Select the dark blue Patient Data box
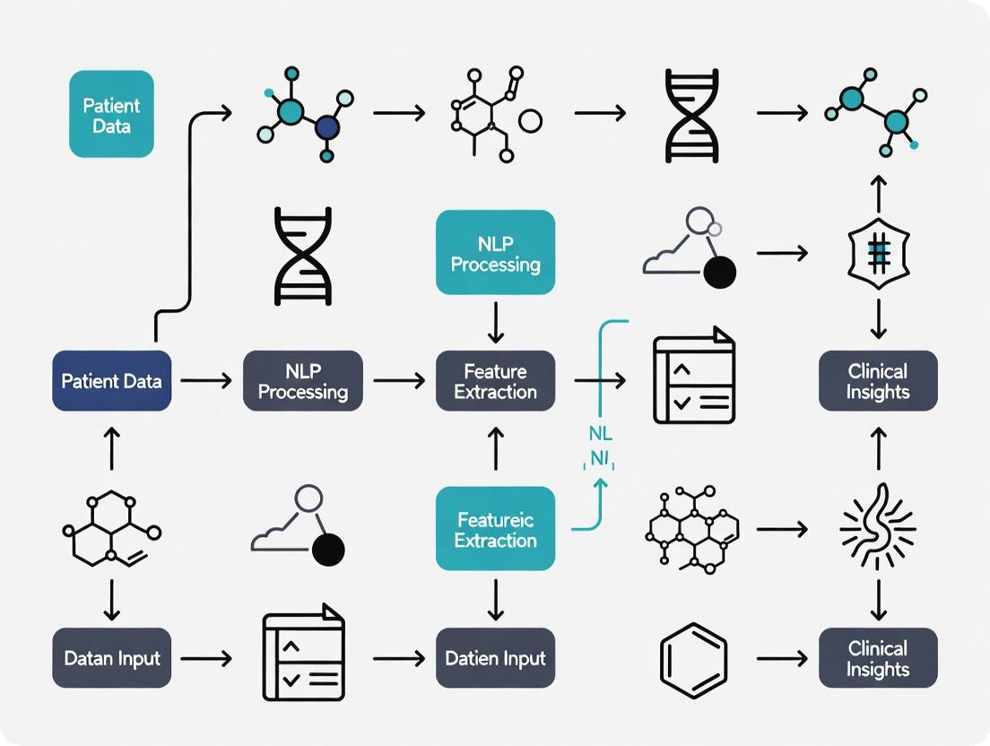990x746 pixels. click(x=111, y=381)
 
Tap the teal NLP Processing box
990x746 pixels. click(x=495, y=252)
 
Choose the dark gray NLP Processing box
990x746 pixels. click(x=303, y=381)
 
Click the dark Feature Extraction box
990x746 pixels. click(x=495, y=381)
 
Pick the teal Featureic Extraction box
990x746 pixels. click(x=495, y=529)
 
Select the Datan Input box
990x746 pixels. click(x=111, y=658)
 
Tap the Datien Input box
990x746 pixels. click(x=495, y=658)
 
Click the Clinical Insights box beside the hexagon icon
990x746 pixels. click(x=878, y=658)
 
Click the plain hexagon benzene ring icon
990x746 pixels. click(x=693, y=660)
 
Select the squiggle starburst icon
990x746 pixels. click(x=878, y=529)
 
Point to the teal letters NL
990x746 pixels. click(x=601, y=434)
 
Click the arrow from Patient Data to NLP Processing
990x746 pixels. click(x=206, y=381)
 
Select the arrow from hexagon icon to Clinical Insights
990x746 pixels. click(x=782, y=659)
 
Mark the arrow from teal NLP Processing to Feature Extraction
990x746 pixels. click(x=495, y=323)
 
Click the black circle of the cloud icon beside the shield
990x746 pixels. click(x=719, y=272)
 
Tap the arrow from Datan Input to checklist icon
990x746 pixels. click(x=206, y=659)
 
